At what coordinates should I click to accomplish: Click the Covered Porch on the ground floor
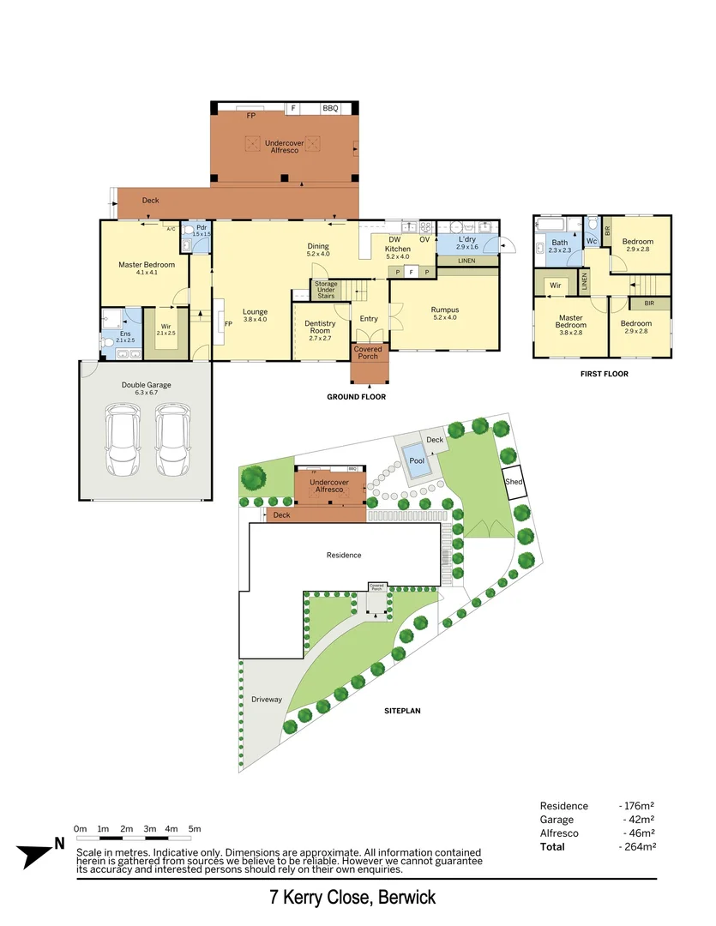[x=369, y=352]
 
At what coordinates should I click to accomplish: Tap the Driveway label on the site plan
[x=267, y=700]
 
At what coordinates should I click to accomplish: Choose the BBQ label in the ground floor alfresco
[x=330, y=109]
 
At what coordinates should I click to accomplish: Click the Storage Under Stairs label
[x=326, y=290]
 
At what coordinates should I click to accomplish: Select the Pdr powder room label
[x=202, y=231]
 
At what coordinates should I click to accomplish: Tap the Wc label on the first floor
[x=592, y=242]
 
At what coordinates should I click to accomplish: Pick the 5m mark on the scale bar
[x=195, y=829]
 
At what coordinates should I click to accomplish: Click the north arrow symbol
[x=38, y=853]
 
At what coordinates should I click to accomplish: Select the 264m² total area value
[x=637, y=847]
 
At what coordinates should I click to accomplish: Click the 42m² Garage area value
[x=640, y=820]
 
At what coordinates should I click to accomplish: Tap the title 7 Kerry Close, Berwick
[x=352, y=898]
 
